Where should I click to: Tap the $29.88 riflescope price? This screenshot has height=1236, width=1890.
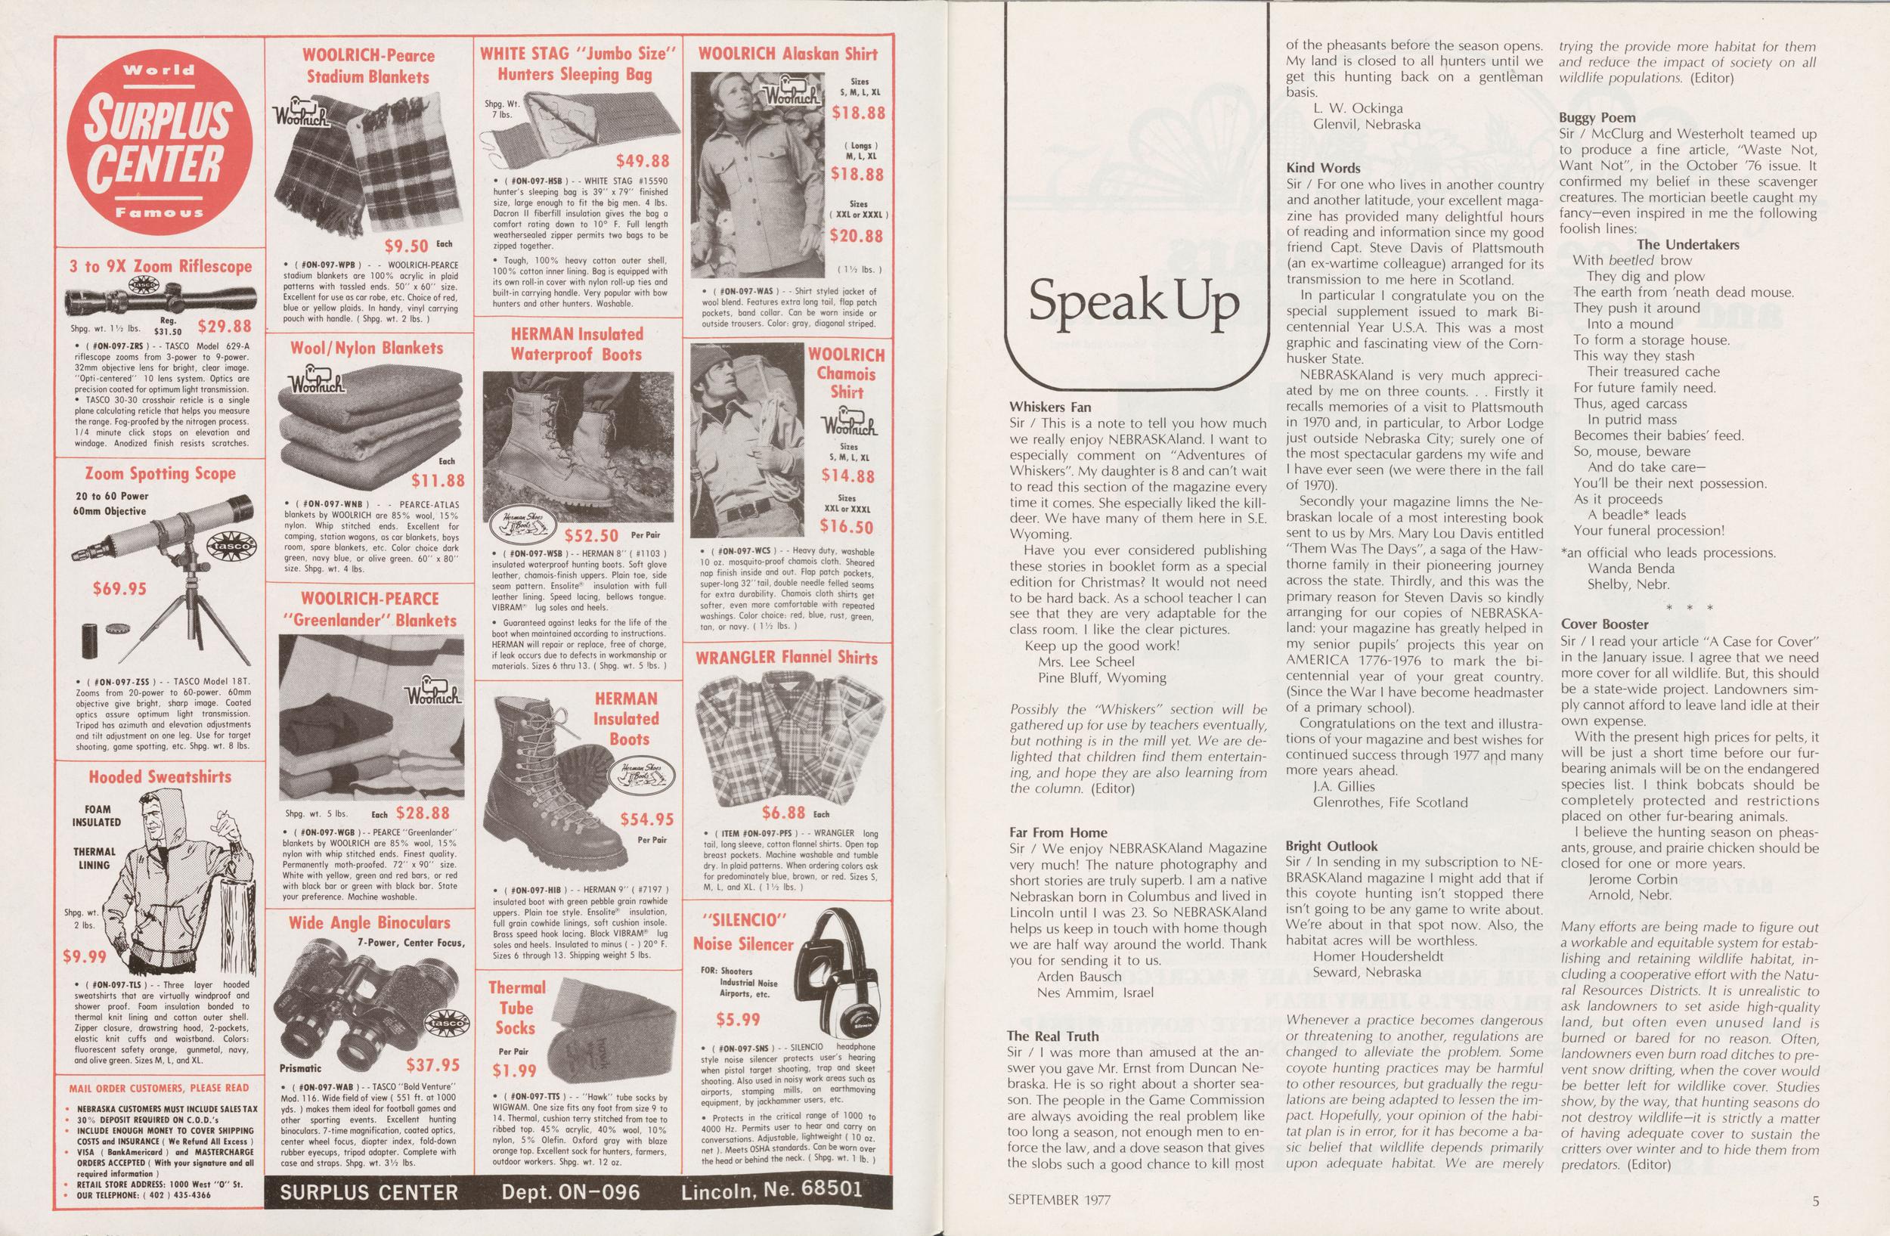click(x=225, y=326)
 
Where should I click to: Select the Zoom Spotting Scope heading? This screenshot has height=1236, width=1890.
click(x=161, y=474)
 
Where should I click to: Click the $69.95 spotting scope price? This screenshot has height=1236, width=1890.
click(x=119, y=589)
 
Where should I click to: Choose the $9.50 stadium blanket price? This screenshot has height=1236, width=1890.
click(x=406, y=246)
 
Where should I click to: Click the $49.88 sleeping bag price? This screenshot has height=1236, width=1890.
click(x=643, y=161)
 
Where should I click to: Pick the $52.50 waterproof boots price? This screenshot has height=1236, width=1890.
click(x=591, y=535)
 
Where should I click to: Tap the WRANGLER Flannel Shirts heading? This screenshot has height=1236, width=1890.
click(x=786, y=658)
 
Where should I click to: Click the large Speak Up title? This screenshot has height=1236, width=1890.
click(x=1134, y=302)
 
